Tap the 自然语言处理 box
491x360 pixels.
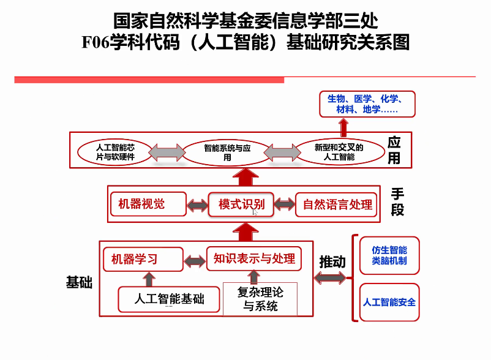click(337, 204)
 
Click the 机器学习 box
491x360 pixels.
click(143, 259)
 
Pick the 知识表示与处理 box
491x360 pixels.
click(254, 258)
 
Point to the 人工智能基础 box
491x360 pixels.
click(169, 299)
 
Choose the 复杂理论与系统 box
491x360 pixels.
click(260, 299)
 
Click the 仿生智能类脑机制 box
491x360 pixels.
click(389, 255)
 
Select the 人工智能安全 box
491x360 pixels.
click(389, 302)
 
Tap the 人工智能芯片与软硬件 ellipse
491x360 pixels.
click(115, 152)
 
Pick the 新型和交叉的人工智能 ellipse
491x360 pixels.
click(339, 152)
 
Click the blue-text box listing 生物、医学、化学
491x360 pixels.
click(367, 104)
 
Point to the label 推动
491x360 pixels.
click(332, 262)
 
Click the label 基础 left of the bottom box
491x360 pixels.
click(79, 282)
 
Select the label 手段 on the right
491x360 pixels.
click(398, 202)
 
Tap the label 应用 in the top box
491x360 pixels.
click(394, 151)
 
